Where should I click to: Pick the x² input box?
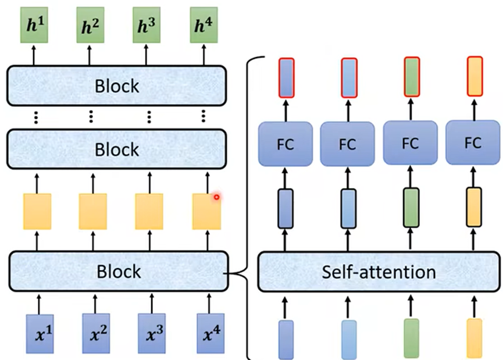click(96, 334)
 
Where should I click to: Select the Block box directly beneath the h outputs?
click(117, 86)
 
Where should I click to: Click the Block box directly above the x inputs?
click(117, 271)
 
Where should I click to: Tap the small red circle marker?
click(216, 198)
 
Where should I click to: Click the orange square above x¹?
click(37, 211)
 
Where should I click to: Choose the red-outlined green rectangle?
click(411, 77)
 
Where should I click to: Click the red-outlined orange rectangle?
click(475, 77)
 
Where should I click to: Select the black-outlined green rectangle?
click(411, 207)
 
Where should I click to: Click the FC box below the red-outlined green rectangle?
click(411, 144)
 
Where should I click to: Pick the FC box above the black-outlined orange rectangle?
click(473, 144)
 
